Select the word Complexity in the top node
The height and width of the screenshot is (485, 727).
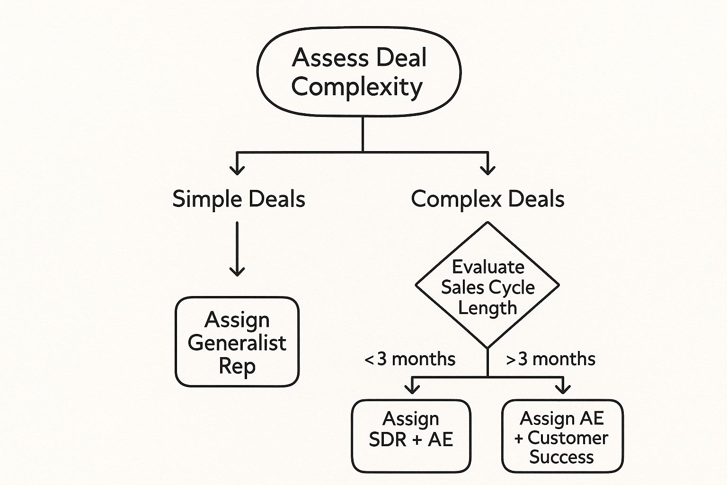[357, 87]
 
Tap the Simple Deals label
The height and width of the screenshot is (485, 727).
[239, 198]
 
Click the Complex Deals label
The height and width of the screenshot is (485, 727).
[488, 198]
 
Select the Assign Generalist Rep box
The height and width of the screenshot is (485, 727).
[237, 342]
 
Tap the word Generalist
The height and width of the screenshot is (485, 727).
[237, 342]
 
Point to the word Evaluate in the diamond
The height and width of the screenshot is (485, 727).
[488, 267]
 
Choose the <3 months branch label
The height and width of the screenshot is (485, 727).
[410, 359]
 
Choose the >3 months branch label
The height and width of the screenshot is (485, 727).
[550, 359]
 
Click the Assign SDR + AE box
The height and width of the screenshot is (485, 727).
[411, 436]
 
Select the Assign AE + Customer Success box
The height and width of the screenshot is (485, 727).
[562, 436]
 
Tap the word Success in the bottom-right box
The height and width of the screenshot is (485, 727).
[561, 457]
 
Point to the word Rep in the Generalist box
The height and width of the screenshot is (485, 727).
[237, 366]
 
